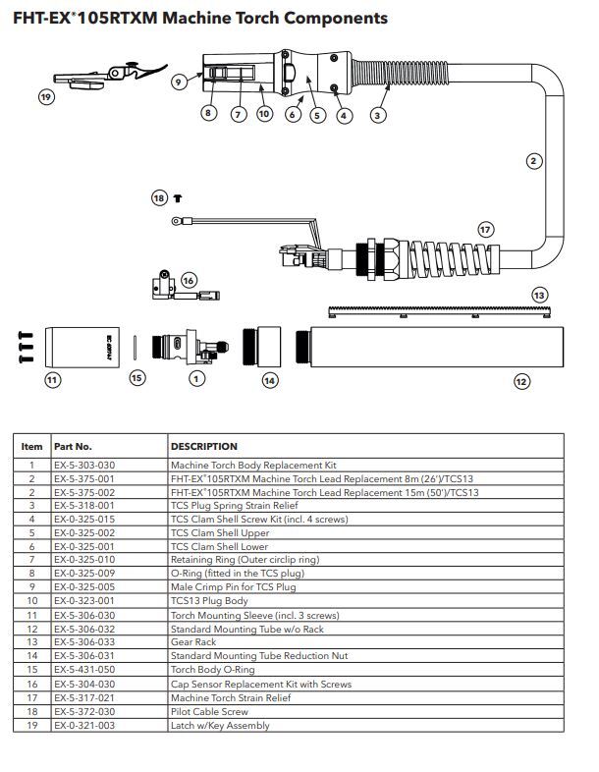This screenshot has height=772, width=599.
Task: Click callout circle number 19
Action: click(46, 96)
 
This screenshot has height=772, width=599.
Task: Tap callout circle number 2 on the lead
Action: click(533, 161)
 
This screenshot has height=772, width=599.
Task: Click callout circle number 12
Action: click(521, 381)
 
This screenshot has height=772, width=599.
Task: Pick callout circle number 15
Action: click(137, 377)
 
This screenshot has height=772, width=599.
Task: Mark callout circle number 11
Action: click(52, 378)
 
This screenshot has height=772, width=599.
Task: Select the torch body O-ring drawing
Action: click(136, 346)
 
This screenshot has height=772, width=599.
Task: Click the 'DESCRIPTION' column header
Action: click(204, 446)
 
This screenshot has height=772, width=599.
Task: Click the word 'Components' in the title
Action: click(334, 19)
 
